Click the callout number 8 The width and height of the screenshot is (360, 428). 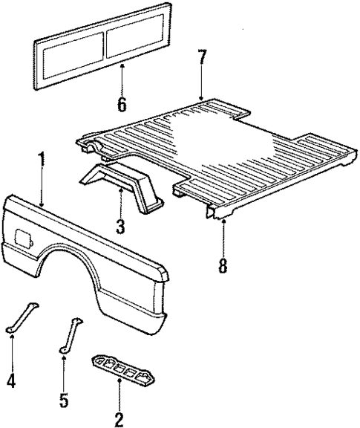coord(222,265)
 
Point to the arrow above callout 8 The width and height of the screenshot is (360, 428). coord(222,238)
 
